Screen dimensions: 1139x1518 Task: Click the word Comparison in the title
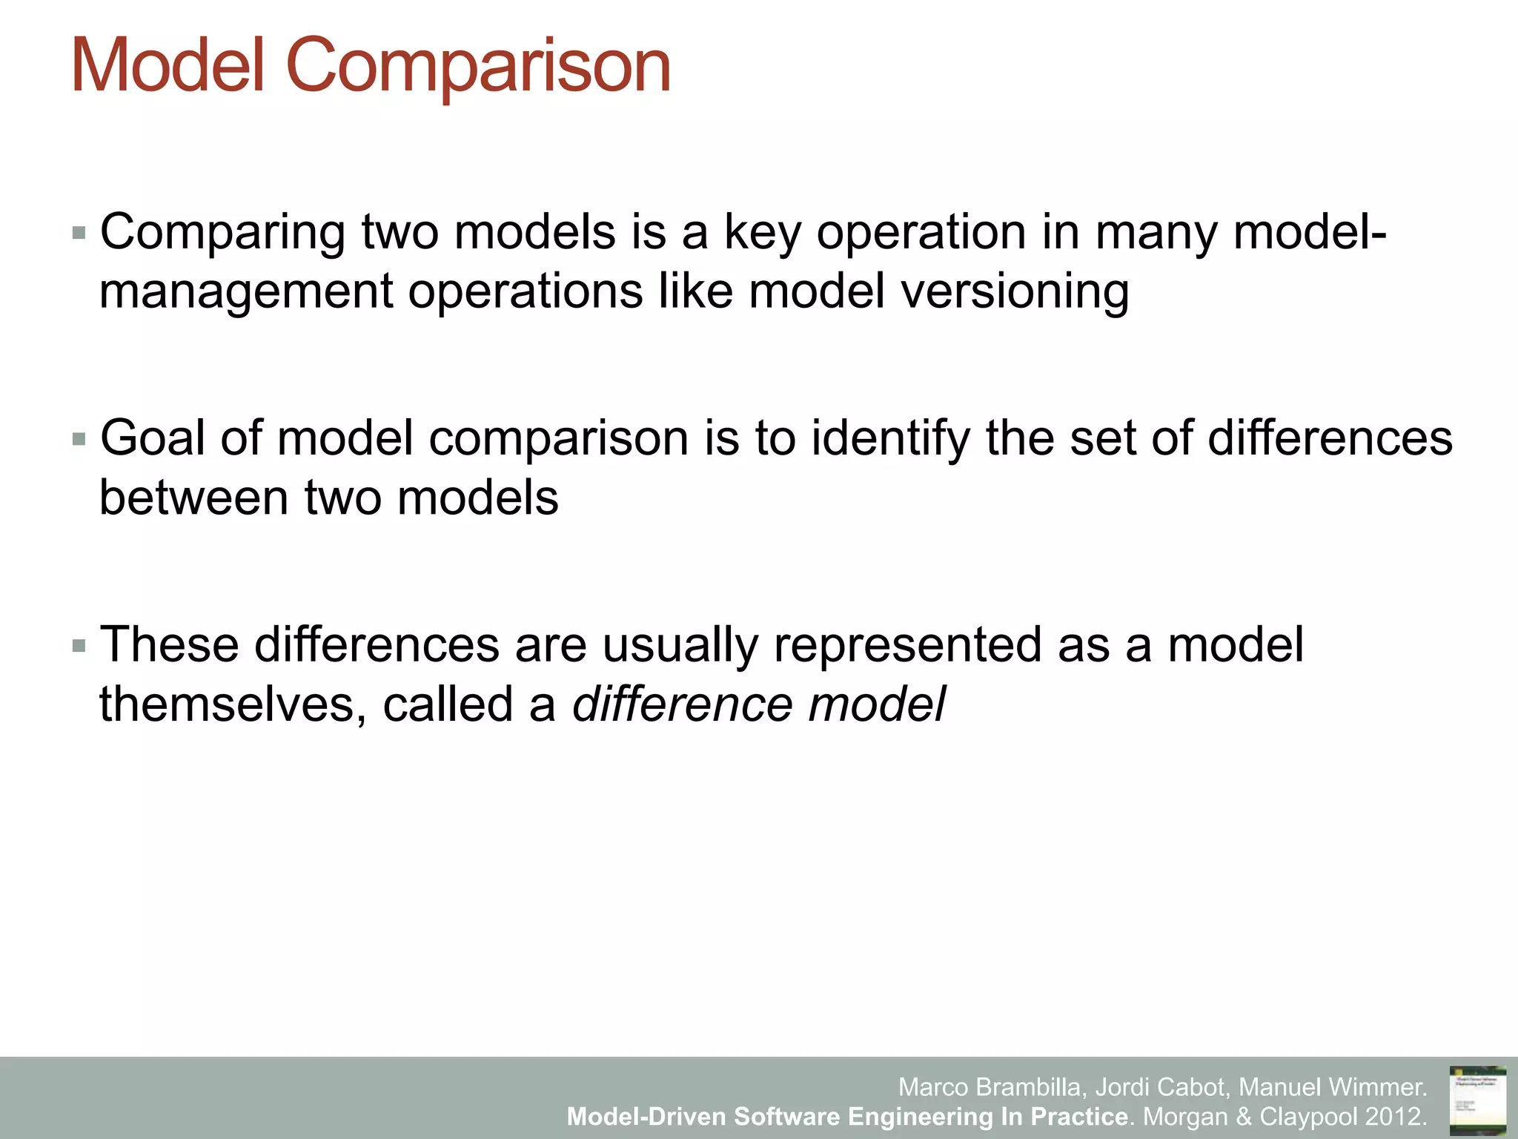coord(478,67)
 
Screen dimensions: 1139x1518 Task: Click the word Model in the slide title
coord(168,67)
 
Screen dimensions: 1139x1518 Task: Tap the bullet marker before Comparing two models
coord(79,234)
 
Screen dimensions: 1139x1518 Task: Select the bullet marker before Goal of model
coord(79,440)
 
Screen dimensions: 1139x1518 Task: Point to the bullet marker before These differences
coord(79,646)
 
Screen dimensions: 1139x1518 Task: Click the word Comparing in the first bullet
coord(222,234)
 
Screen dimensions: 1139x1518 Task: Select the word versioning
coord(1015,291)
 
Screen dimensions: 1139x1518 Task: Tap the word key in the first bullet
coord(763,234)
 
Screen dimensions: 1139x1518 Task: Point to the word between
coord(193,498)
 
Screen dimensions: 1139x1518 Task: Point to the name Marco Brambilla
coord(992,1087)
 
